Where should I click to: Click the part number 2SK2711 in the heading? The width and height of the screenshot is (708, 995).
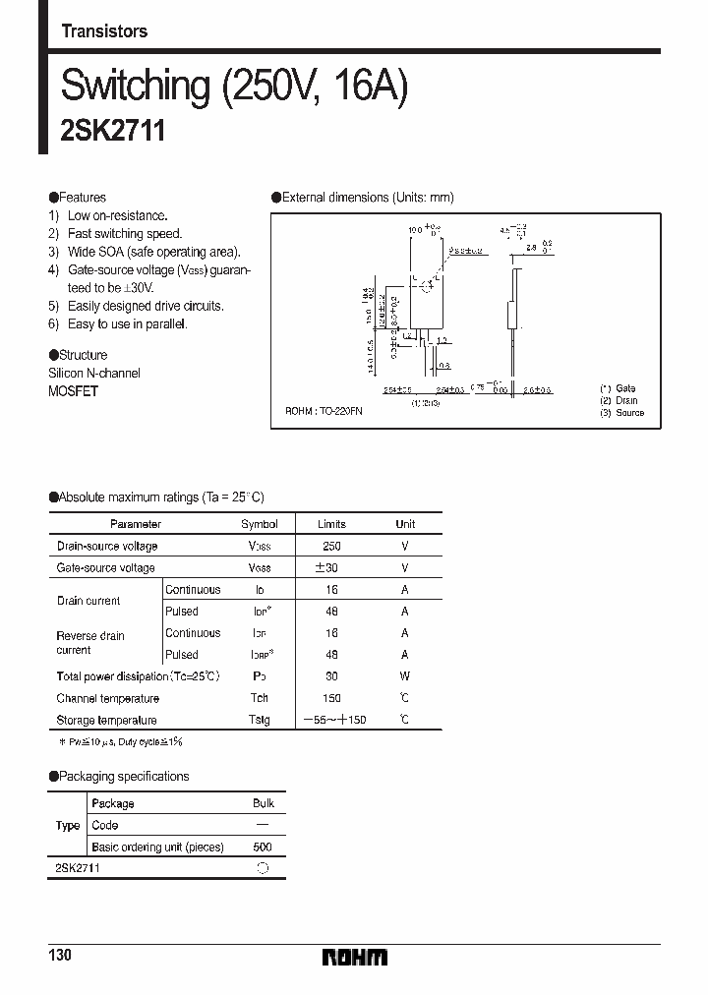point(112,131)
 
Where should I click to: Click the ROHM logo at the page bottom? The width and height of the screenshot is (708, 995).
point(354,957)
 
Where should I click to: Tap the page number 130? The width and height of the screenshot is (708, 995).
point(61,956)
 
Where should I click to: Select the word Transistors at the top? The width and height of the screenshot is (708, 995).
point(104,31)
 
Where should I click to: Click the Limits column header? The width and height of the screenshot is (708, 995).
point(331,524)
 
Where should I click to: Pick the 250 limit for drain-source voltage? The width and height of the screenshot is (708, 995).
point(331,546)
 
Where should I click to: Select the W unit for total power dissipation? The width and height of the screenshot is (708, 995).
point(404,676)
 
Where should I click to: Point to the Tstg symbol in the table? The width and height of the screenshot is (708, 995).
point(259,720)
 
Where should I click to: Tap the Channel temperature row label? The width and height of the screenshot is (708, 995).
point(107,698)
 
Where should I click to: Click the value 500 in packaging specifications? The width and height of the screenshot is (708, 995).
point(263,847)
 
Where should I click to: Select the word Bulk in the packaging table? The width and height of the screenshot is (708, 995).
point(263,803)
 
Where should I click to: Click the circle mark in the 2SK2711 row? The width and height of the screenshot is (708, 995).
point(263,868)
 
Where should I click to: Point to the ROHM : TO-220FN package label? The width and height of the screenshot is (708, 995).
point(324,411)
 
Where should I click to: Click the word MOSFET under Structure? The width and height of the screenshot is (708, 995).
point(73,391)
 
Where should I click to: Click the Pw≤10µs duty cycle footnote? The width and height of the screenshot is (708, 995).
point(120,741)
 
